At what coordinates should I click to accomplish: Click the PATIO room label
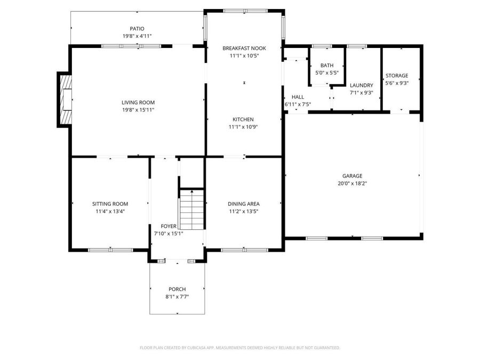pos(137,29)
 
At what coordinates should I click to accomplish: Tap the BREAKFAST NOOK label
pos(244,48)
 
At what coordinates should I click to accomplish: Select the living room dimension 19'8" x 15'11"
pos(138,110)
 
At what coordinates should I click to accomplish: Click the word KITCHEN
pos(243,119)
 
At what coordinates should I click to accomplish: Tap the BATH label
pos(327,65)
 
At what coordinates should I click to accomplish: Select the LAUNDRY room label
pos(361,85)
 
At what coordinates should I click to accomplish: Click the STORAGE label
pos(397,76)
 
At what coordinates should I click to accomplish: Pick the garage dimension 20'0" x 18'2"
pos(352,183)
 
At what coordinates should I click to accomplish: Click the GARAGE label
pos(352,176)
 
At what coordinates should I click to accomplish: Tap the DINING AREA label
pos(244,204)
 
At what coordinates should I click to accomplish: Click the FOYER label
pos(169,226)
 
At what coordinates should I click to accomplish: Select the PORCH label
pos(177,289)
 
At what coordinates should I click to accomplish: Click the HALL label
pos(298,97)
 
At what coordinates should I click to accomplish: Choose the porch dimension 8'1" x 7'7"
pos(177,297)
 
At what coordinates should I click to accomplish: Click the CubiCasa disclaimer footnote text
pos(239,348)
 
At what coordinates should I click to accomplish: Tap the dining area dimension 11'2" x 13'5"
pos(244,211)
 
